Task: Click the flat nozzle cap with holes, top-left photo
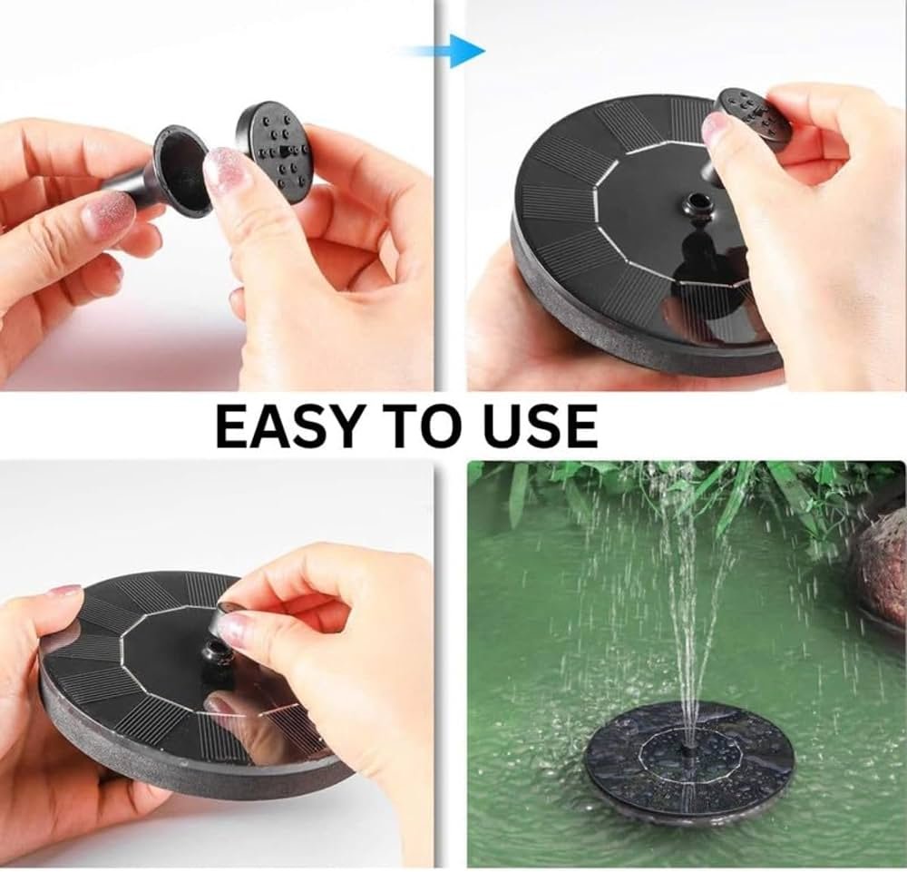[x=272, y=152]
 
